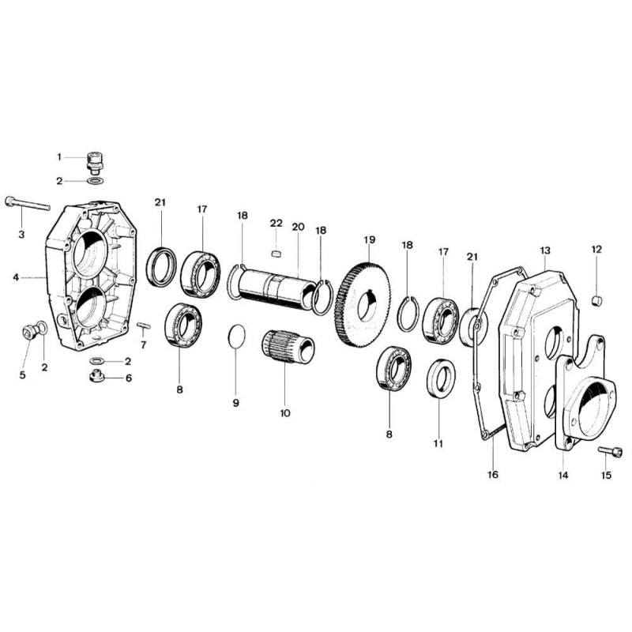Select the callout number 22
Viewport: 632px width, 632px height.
coord(276,223)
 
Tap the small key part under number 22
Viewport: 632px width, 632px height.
coord(276,253)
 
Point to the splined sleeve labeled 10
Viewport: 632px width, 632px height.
coord(288,346)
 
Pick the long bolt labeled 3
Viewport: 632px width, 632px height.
coord(28,204)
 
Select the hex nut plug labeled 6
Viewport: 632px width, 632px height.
coord(96,377)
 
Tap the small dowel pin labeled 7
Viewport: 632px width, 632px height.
coord(144,325)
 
